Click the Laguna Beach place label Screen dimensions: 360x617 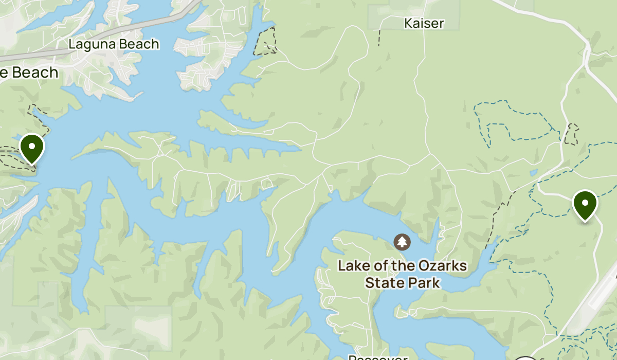click(114, 45)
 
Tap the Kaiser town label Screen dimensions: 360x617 click(424, 23)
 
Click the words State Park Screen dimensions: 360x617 click(402, 283)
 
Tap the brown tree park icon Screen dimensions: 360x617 click(402, 241)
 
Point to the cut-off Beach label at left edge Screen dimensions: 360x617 click(29, 73)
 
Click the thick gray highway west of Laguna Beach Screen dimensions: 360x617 click(31, 55)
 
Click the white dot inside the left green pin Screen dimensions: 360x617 click(32, 146)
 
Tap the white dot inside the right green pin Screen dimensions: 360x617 click(585, 202)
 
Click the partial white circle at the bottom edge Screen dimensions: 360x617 click(525, 358)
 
